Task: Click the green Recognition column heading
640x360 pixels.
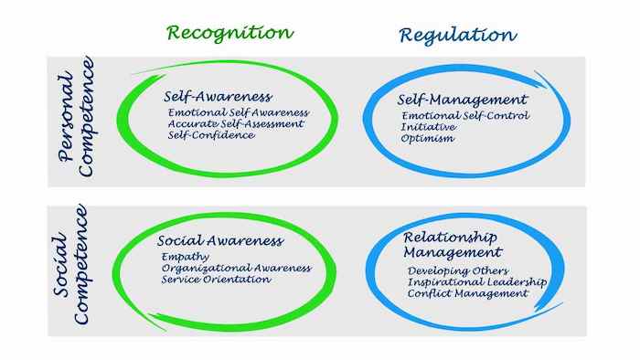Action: [x=229, y=33]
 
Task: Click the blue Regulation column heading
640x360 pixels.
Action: [x=457, y=35]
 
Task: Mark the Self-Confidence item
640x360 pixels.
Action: [x=211, y=135]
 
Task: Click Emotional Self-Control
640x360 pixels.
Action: [x=465, y=116]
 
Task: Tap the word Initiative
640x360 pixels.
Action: [x=429, y=127]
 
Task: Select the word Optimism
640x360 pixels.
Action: [x=428, y=139]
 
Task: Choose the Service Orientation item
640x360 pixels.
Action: [x=216, y=280]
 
